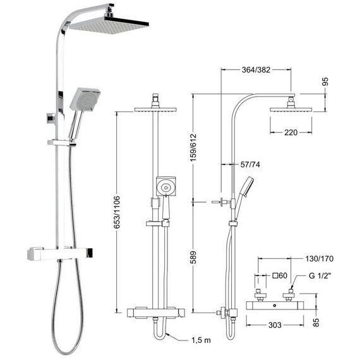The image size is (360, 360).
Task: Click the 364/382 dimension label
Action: [x=256, y=69]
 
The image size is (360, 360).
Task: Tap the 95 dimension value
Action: [x=325, y=81]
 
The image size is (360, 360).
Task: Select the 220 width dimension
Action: [x=291, y=133]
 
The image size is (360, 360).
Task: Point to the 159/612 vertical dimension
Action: [x=193, y=147]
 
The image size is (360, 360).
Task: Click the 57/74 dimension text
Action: [x=250, y=164]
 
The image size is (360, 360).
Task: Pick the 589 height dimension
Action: [x=193, y=258]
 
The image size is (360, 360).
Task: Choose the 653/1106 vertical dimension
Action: [x=117, y=212]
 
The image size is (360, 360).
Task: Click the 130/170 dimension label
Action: [x=319, y=259]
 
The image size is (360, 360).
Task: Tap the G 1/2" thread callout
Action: [x=320, y=275]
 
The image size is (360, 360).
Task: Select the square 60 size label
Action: [x=280, y=275]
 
